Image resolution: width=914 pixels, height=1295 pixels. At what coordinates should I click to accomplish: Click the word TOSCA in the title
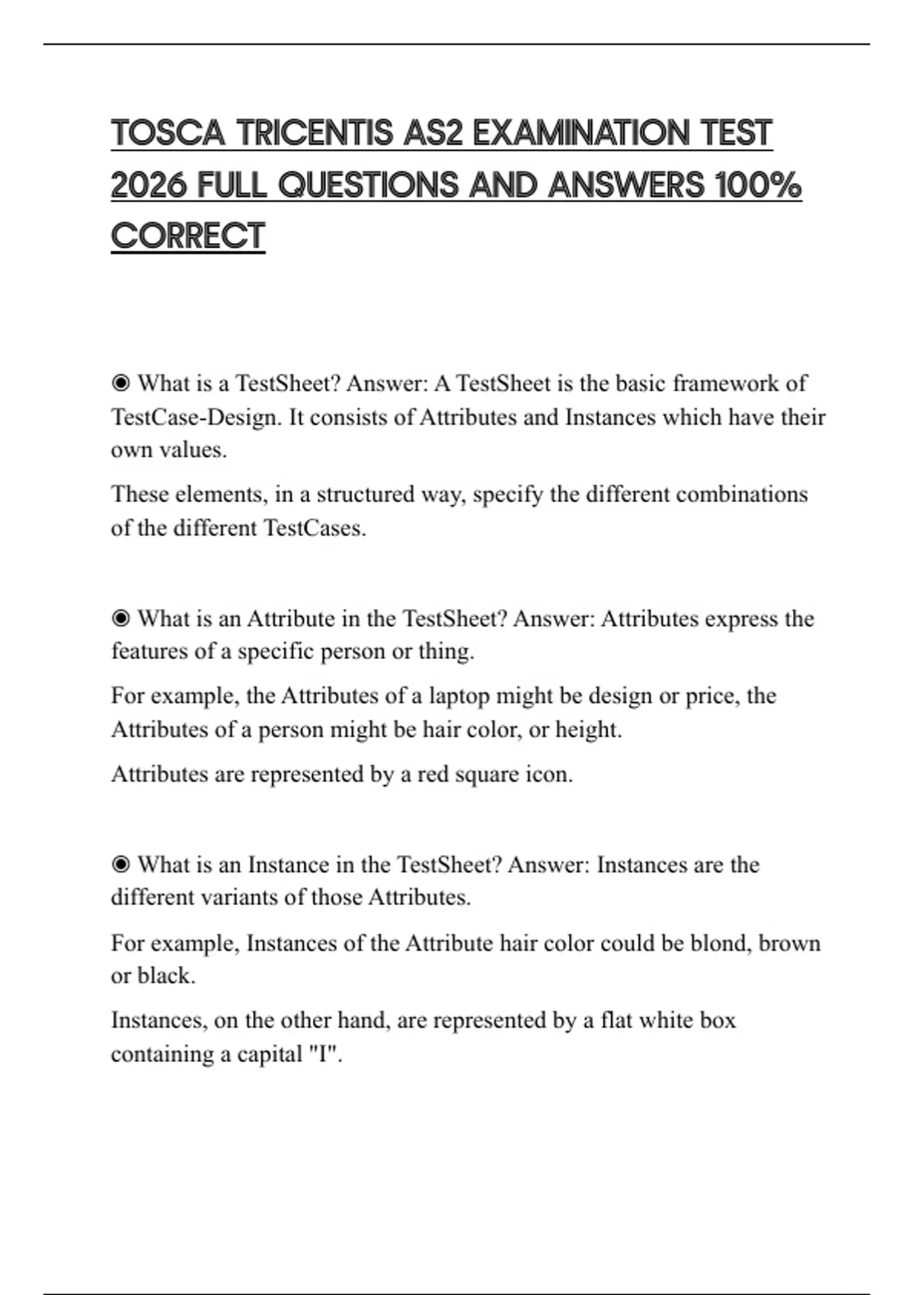[x=168, y=133]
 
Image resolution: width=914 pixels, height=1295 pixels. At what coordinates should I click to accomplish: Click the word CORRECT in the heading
[x=187, y=236]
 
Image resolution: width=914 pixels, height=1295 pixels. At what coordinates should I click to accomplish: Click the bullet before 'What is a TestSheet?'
[x=120, y=383]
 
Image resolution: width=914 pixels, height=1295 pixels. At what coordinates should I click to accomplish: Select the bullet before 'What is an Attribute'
[x=120, y=619]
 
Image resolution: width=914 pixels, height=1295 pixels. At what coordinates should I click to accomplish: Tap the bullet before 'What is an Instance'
[x=120, y=865]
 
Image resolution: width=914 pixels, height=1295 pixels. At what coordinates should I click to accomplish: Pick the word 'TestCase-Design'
[x=195, y=417]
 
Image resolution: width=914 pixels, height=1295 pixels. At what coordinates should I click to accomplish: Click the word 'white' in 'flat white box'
[x=663, y=1021]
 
